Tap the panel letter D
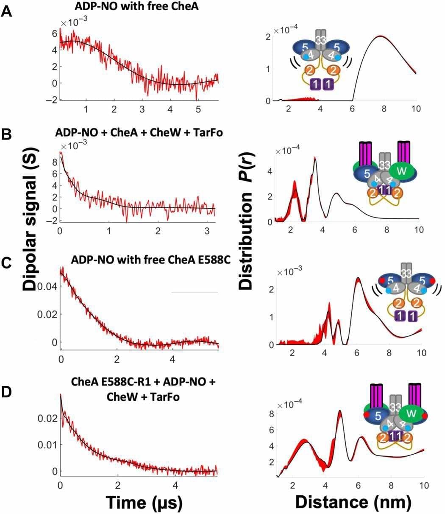[x=7, y=378]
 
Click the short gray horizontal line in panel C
[x=194, y=292]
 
